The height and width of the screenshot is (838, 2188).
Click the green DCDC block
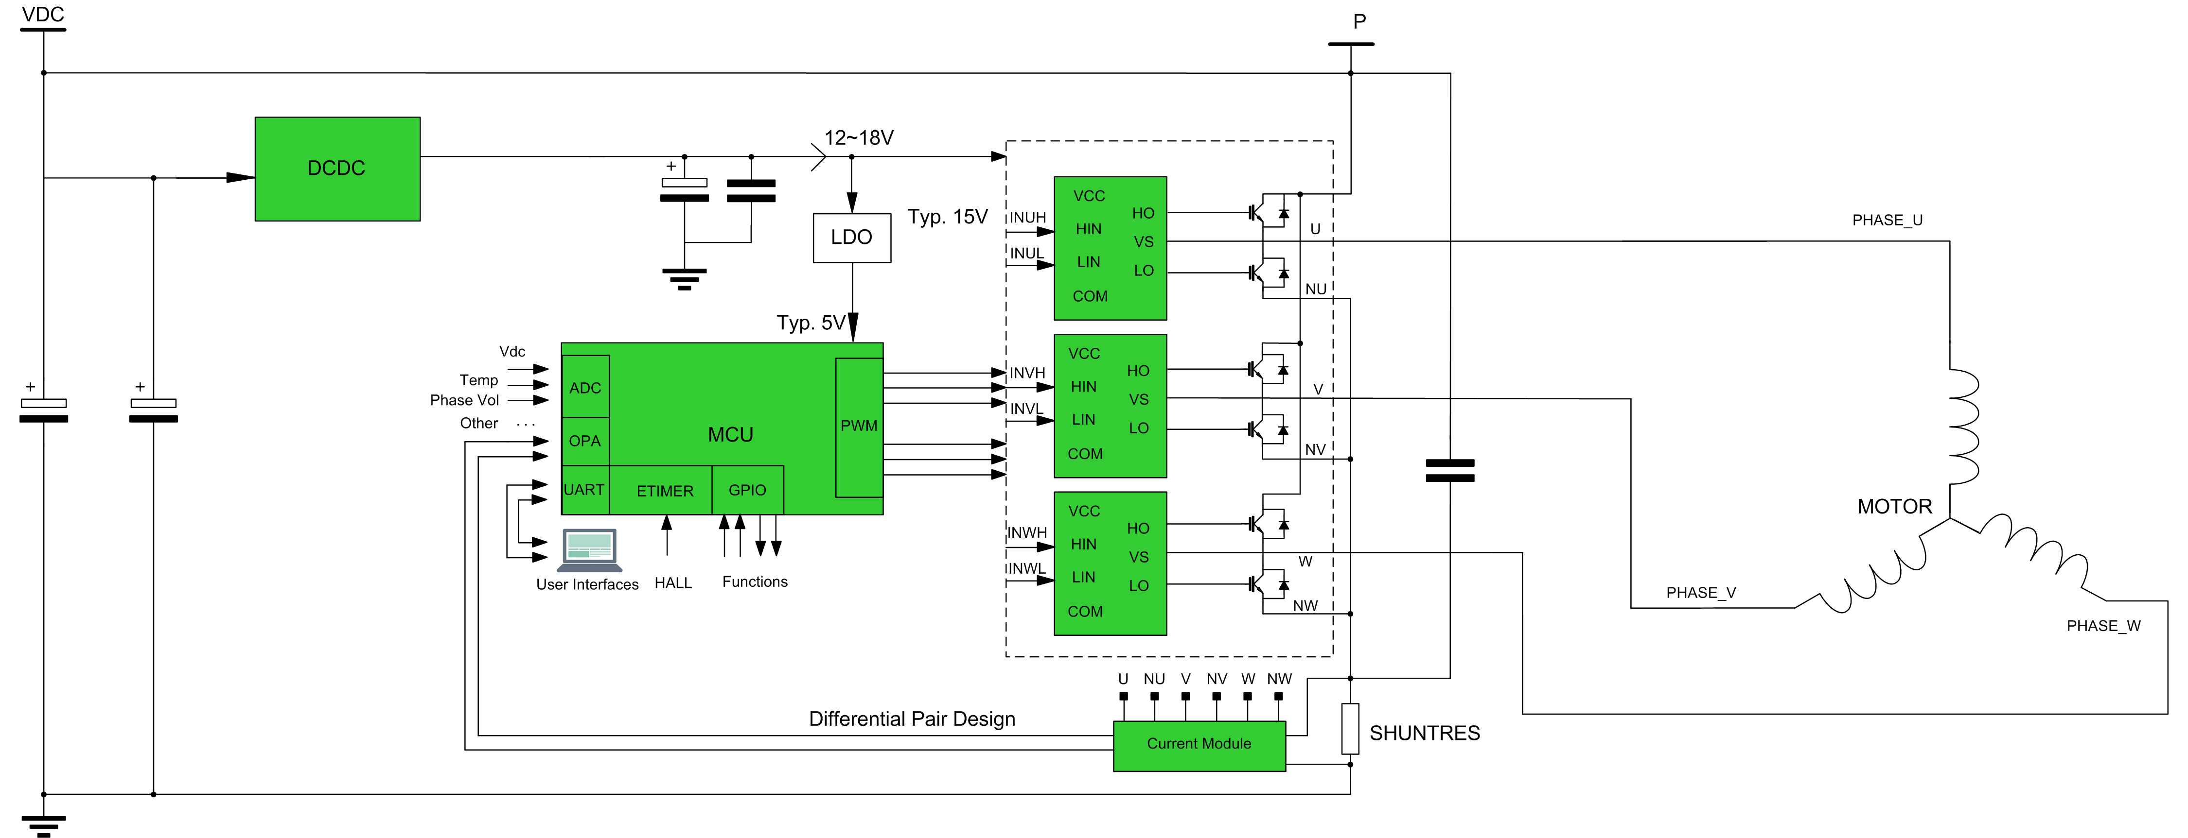click(337, 169)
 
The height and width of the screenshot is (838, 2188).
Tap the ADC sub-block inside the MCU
click(585, 387)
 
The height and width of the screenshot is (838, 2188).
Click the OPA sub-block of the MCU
click(585, 441)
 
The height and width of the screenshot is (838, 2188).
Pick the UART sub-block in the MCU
click(584, 490)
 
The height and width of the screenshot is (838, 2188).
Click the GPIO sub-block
click(747, 490)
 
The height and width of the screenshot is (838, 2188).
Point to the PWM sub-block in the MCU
click(859, 426)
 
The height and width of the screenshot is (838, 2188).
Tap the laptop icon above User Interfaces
click(589, 549)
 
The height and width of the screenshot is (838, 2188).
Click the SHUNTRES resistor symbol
click(1350, 729)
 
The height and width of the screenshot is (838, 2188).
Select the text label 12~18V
click(859, 137)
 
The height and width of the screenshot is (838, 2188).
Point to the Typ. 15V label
click(947, 217)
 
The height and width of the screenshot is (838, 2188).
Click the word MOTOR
click(1894, 507)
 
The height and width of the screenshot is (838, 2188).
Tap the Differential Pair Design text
click(911, 719)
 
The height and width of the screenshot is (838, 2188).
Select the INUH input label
click(1027, 217)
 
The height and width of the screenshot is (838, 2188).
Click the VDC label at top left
click(42, 15)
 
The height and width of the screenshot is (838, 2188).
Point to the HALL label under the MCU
click(673, 582)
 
